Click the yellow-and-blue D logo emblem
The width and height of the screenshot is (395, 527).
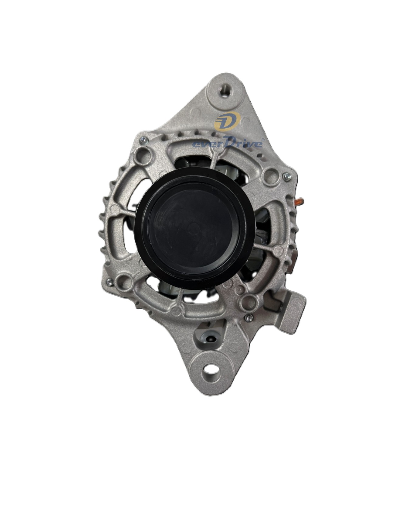(227, 122)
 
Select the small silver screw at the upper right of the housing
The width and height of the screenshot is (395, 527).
(285, 176)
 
